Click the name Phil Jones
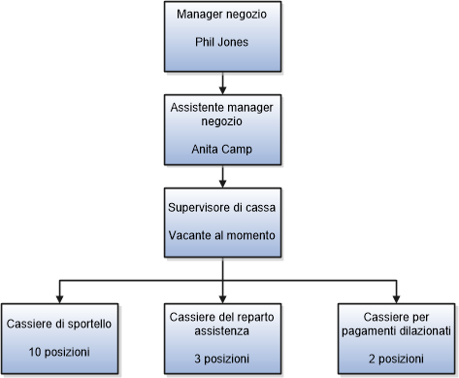[x=223, y=44]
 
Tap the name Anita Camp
[x=223, y=150]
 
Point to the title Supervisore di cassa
[x=223, y=207]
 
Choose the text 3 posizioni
[x=223, y=359]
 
